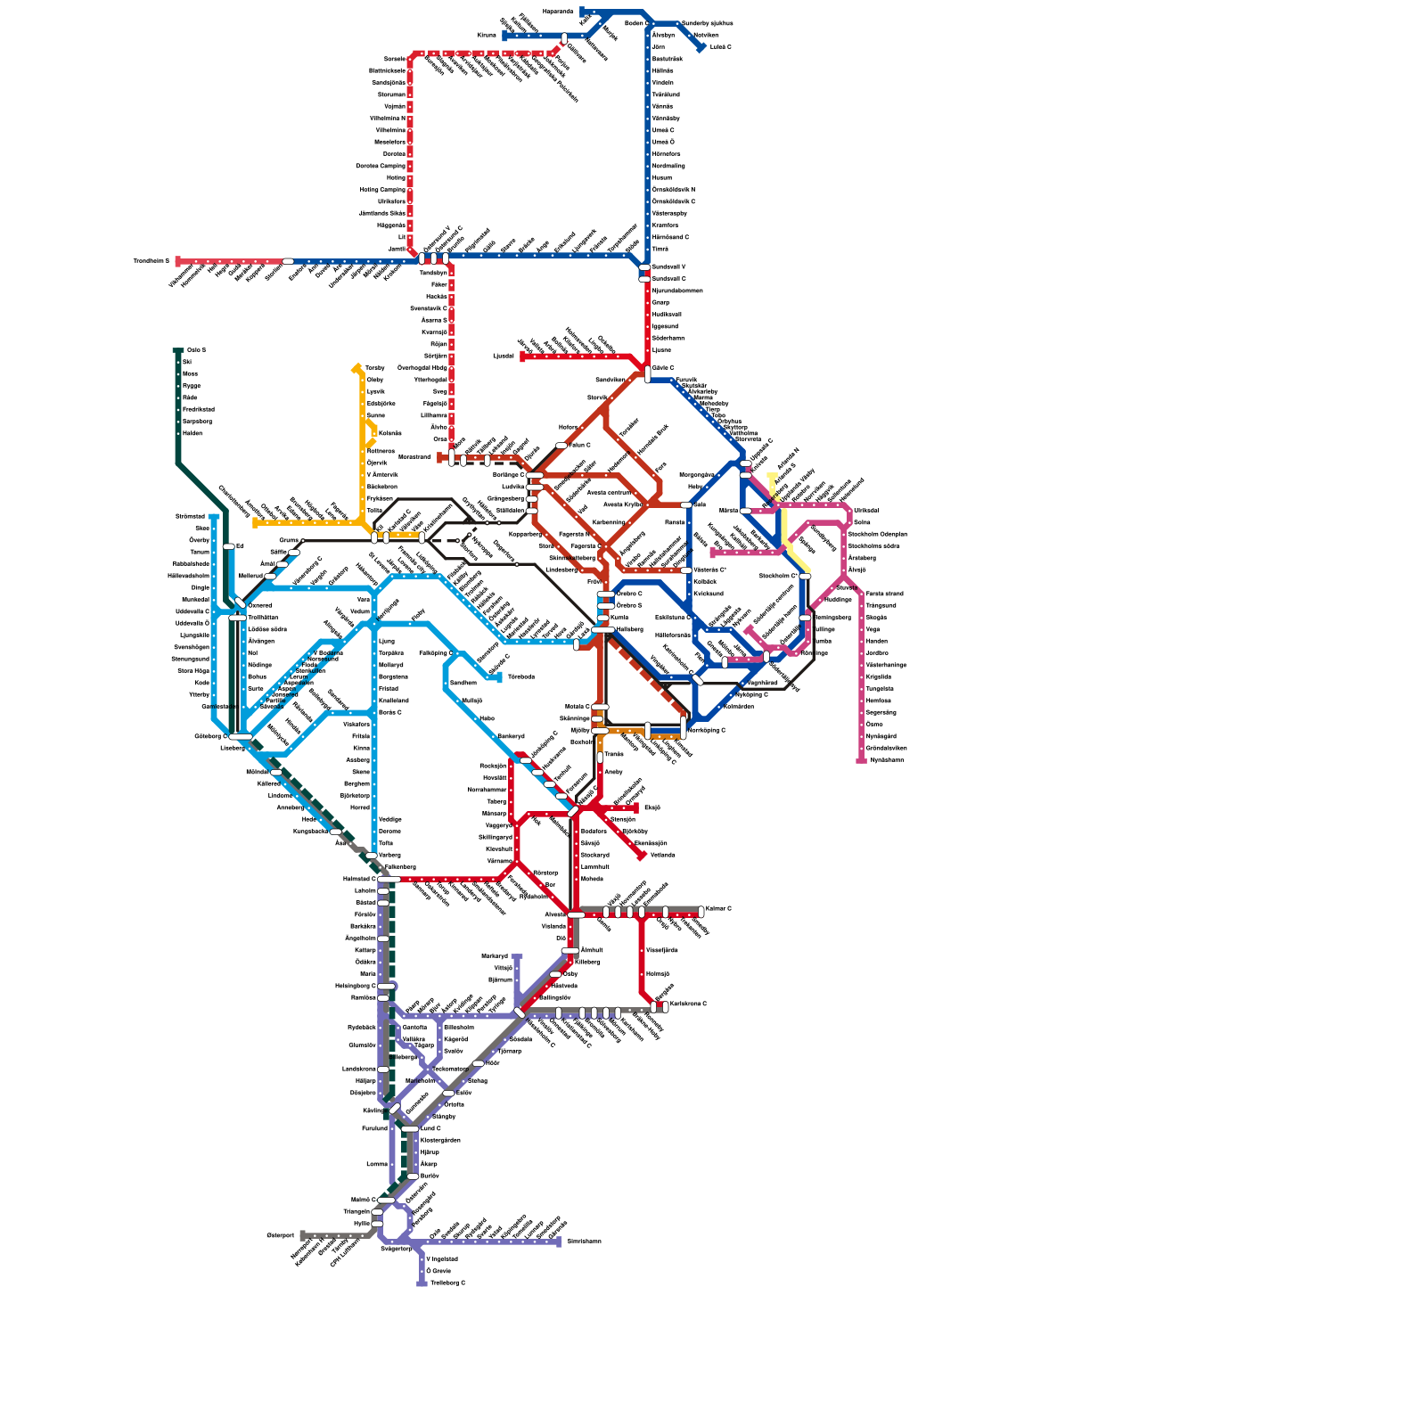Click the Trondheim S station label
click(151, 261)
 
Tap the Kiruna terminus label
click(487, 36)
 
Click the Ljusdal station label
click(504, 356)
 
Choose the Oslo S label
click(196, 350)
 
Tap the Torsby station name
click(375, 367)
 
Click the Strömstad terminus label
click(190, 516)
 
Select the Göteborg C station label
click(211, 736)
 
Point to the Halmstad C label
click(360, 879)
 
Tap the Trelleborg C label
click(447, 1283)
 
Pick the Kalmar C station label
click(718, 909)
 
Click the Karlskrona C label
click(688, 1004)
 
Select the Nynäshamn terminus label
click(887, 760)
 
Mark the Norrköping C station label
click(708, 730)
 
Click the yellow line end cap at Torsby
click(357, 367)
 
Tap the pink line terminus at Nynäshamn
click(861, 760)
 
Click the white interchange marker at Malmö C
click(385, 1200)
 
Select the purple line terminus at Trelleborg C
click(422, 1283)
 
